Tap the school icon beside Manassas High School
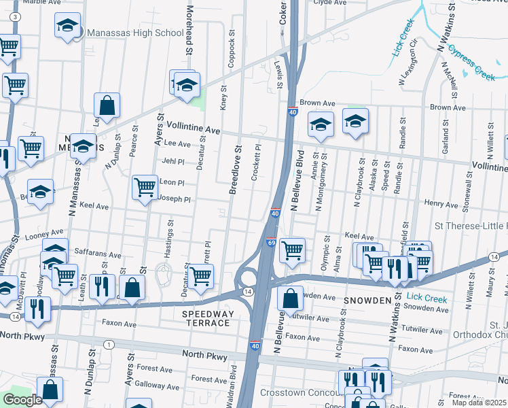click(67, 27)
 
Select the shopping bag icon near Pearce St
click(107, 106)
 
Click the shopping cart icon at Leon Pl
click(145, 187)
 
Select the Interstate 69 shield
click(270, 242)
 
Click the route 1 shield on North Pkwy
click(108, 345)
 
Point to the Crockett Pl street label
click(256, 161)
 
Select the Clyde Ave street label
click(329, 3)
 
